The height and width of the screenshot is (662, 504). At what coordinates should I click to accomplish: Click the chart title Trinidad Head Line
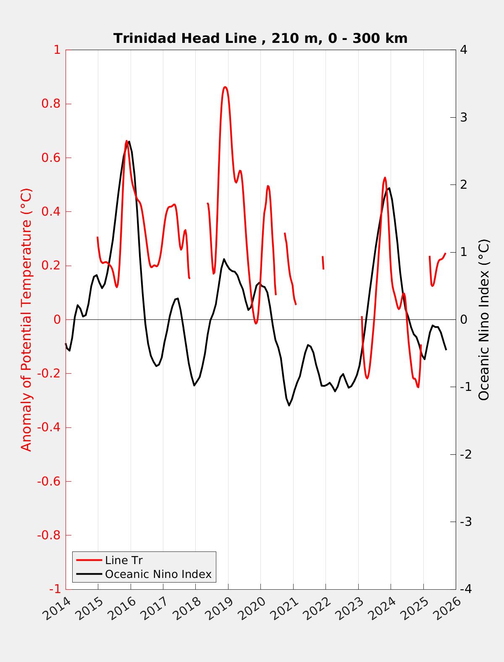[260, 38]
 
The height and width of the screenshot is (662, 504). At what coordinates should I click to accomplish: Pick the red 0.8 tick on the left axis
[51, 104]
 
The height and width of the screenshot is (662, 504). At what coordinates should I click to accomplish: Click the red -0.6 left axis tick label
[49, 481]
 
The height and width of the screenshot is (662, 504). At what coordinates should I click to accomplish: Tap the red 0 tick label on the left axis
[57, 320]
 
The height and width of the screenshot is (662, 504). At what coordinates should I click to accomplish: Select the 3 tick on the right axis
[464, 117]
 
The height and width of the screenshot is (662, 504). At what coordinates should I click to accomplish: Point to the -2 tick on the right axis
[465, 454]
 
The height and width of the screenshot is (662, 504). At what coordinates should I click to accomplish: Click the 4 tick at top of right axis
[464, 50]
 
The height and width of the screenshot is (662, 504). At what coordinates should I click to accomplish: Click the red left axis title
[26, 319]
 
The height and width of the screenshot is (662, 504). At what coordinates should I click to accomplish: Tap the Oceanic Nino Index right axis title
[484, 319]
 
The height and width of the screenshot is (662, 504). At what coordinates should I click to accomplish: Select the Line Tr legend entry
[124, 560]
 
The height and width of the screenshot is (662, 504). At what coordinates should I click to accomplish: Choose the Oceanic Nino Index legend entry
[158, 574]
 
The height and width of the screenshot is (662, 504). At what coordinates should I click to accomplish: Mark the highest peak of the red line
[225, 87]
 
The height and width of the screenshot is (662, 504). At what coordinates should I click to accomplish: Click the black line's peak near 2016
[129, 142]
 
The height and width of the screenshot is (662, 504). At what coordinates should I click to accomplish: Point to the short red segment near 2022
[323, 263]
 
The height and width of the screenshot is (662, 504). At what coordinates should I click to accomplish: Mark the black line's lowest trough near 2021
[289, 405]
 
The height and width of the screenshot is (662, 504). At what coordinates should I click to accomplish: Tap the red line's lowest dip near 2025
[418, 387]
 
